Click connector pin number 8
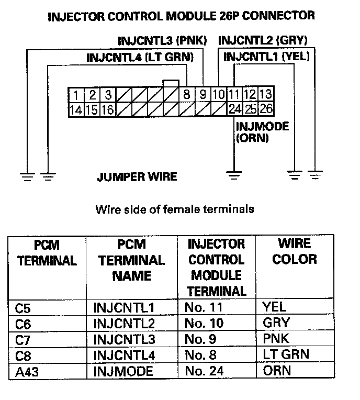(186, 95)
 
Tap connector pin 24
(234, 109)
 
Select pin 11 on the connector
(234, 95)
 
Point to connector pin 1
(76, 95)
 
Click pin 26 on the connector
(266, 109)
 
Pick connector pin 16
(107, 109)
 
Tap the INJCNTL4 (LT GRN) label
(140, 57)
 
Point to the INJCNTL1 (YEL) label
(266, 57)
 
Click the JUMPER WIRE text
(137, 177)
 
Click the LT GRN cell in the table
(286, 355)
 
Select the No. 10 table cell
(201, 323)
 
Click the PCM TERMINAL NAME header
(131, 260)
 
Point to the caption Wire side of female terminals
(174, 209)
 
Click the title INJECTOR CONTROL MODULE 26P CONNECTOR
(182, 16)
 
